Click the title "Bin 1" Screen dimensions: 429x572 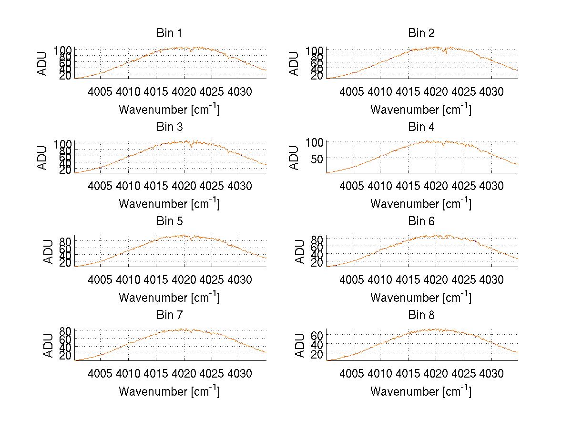point(169,33)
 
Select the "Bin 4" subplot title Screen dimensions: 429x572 point(421,127)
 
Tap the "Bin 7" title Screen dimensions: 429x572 point(169,315)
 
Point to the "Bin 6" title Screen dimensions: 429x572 point(421,221)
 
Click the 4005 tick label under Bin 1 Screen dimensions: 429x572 point(100,91)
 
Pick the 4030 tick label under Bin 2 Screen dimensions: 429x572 point(491,91)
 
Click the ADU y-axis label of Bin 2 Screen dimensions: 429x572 point(294,63)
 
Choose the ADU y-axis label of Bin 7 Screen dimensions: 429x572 point(49,346)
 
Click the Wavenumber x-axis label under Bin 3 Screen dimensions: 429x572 point(169,203)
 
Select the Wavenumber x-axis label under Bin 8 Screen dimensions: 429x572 point(421,391)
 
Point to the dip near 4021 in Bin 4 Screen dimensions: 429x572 point(443,145)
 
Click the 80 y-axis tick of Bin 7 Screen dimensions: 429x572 point(66,330)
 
